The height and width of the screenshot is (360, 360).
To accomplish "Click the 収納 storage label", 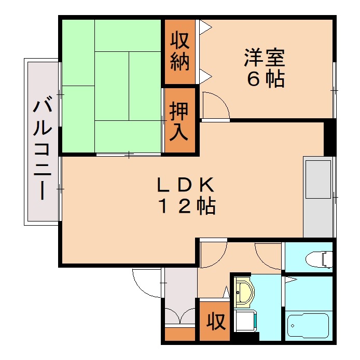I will [x=180, y=52].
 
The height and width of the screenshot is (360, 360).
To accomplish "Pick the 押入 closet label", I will [x=179, y=121].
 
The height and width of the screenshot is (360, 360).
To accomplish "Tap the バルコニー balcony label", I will [x=41, y=149].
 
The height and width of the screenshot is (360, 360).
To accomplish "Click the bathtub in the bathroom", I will [x=308, y=327].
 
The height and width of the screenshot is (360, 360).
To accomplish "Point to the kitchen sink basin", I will [x=318, y=179].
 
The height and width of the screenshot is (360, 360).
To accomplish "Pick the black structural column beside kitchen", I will [x=329, y=137].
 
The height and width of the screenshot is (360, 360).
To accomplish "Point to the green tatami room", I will [x=112, y=86].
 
